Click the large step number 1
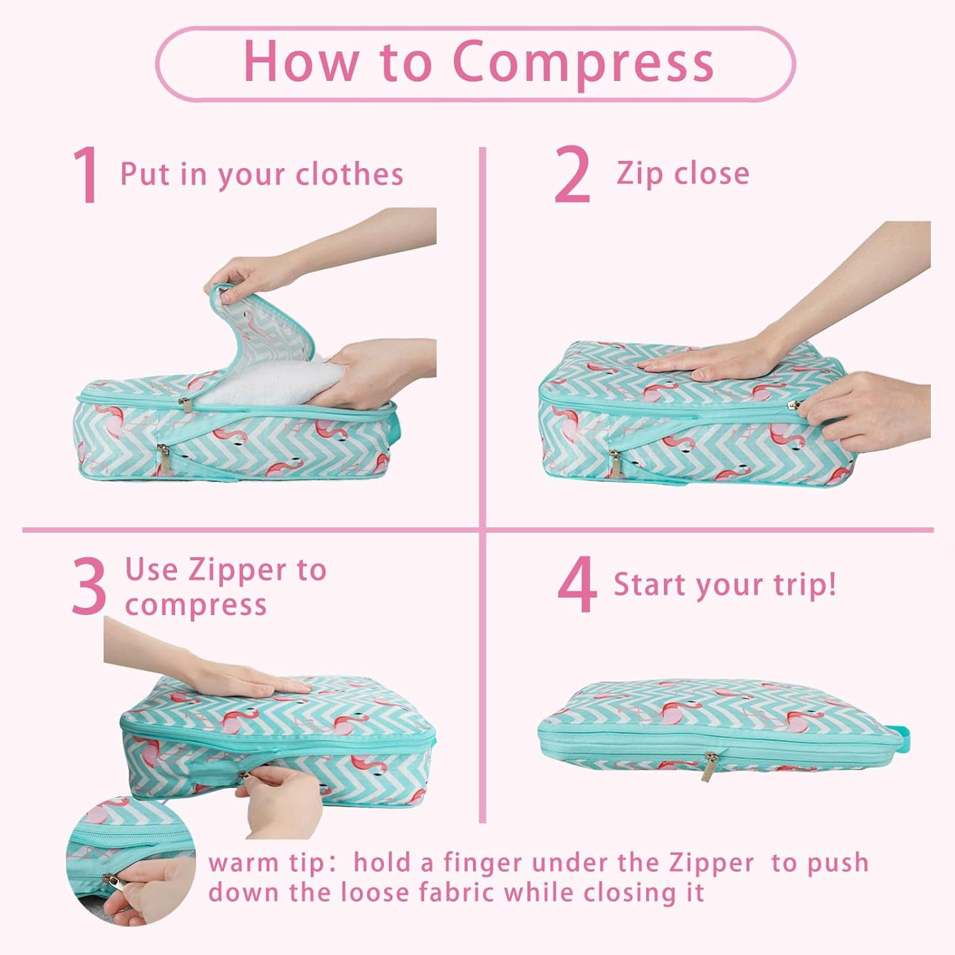(x=86, y=175)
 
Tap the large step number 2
(x=572, y=175)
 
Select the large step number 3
(x=88, y=587)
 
